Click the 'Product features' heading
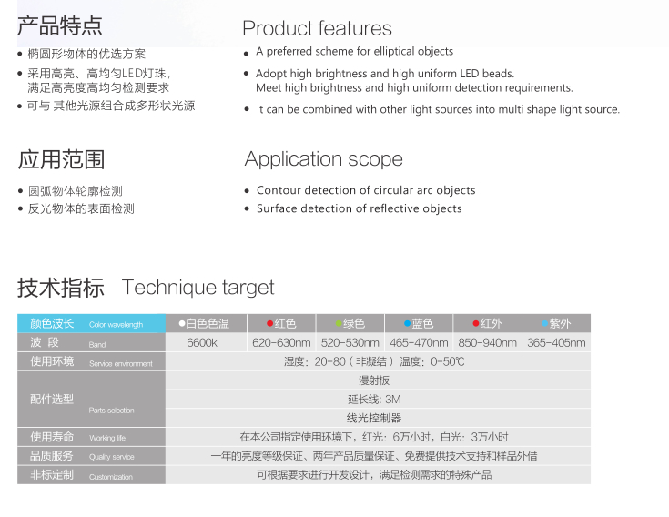click(317, 28)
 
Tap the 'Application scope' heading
click(323, 159)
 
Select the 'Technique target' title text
click(198, 288)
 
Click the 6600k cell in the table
click(202, 342)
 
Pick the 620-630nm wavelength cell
click(281, 342)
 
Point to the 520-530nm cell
click(350, 342)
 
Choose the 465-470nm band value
click(419, 342)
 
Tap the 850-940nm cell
click(487, 342)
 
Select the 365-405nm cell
click(556, 342)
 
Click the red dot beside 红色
click(269, 323)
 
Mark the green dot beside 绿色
click(339, 323)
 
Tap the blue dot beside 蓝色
click(408, 323)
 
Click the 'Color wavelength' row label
click(117, 325)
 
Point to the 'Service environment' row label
click(121, 364)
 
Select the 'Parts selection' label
click(111, 411)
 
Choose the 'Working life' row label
click(107, 438)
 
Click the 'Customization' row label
click(111, 477)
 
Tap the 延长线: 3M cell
click(374, 400)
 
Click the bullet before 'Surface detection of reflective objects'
click(247, 209)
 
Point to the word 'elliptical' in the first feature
click(396, 51)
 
